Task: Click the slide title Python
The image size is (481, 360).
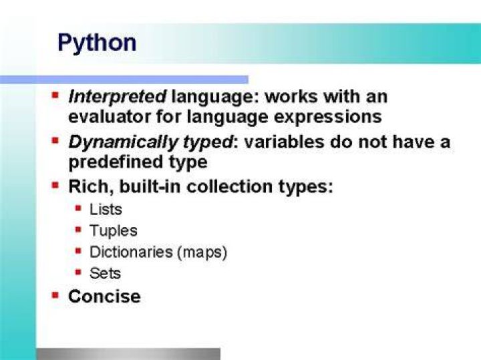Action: point(97,43)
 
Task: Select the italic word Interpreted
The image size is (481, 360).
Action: point(118,98)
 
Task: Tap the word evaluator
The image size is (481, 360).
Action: point(110,117)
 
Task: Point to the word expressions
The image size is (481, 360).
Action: point(327,118)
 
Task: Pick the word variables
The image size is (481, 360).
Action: point(284,142)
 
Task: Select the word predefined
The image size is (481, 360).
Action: point(116,162)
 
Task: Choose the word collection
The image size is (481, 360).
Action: point(229,186)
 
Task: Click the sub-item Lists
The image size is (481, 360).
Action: point(106,210)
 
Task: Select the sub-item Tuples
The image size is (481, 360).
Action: point(113,231)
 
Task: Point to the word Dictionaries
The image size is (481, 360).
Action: point(131,252)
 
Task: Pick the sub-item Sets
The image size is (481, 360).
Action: point(106,274)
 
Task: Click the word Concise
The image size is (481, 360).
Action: point(105,297)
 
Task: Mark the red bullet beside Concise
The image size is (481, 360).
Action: point(55,295)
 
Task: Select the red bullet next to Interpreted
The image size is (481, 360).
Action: point(55,95)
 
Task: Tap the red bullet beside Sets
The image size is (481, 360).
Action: point(79,272)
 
